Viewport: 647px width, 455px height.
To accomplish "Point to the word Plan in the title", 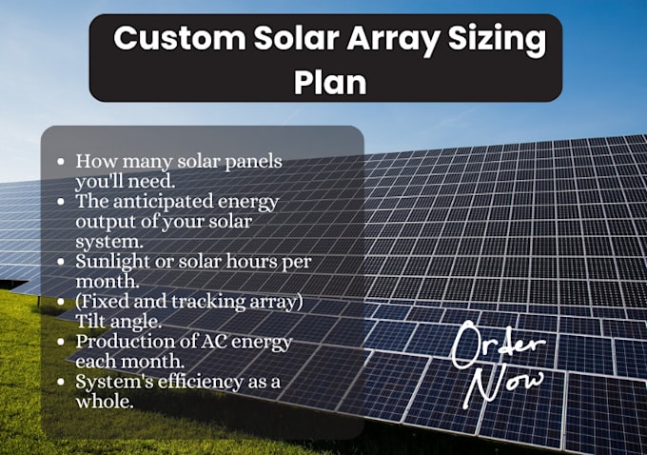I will tap(330, 82).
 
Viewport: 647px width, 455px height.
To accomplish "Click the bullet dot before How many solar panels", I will tap(62, 162).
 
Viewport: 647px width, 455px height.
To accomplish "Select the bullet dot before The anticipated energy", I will tap(62, 201).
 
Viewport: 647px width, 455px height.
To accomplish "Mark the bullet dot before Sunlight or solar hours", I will tap(62, 260).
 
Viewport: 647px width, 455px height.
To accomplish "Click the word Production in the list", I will tap(121, 341).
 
